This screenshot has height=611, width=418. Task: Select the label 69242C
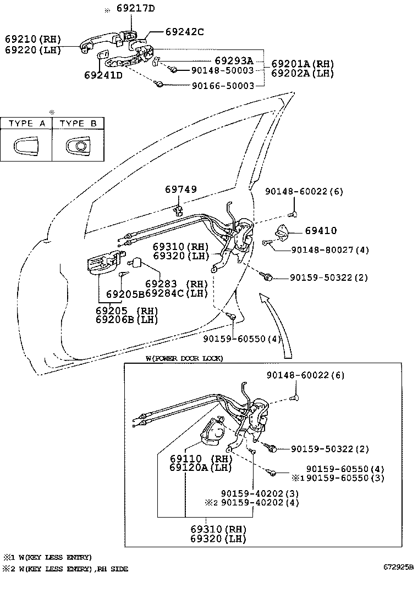177,32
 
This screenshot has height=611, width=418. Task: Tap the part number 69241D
103,75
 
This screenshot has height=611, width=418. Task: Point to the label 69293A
233,60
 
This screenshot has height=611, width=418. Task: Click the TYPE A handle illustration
26,146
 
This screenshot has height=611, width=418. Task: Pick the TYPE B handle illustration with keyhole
78,146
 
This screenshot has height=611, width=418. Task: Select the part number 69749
181,190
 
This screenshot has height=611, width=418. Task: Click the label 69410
321,231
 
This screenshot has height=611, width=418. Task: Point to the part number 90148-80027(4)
322,250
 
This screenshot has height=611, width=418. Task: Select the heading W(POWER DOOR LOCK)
184,358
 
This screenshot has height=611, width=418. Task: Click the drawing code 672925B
398,566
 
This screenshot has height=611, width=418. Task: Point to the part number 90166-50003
223,86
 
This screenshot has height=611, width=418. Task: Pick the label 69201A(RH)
302,64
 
